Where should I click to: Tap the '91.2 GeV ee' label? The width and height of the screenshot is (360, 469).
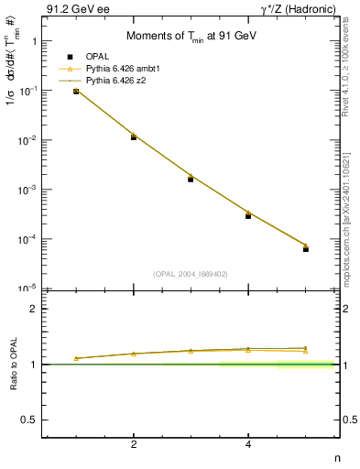(72, 10)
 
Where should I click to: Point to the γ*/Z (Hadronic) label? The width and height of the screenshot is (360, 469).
(294, 10)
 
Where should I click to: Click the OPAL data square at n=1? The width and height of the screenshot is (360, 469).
(76, 92)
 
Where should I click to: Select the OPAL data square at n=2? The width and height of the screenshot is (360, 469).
(134, 136)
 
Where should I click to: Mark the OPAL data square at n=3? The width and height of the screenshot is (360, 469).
(191, 179)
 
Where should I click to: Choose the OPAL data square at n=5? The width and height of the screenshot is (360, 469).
(306, 249)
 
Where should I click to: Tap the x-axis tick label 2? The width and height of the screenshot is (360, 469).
(134, 446)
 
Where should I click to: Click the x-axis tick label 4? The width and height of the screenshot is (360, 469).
(248, 446)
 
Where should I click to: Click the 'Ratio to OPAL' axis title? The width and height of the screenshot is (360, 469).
(15, 364)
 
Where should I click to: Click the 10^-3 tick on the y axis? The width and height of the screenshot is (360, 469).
(27, 190)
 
